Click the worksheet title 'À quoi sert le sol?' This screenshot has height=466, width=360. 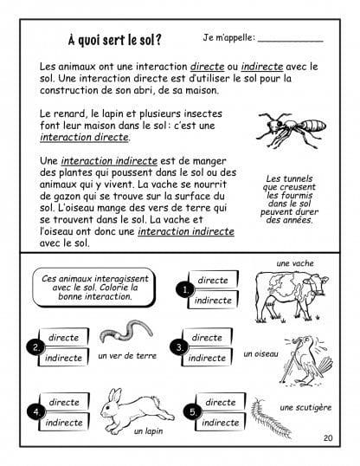point(114,40)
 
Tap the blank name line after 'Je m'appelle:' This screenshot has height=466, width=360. point(290,42)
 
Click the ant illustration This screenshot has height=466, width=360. point(291,129)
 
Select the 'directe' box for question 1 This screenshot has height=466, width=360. point(213,280)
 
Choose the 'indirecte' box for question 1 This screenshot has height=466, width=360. point(213,300)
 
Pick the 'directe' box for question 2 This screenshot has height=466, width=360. point(63,337)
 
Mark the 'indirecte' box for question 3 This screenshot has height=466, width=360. point(207,357)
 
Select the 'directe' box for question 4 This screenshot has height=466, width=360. point(64,402)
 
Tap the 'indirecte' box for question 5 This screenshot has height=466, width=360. point(221,422)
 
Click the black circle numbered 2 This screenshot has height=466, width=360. point(35,347)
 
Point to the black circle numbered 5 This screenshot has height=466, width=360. point(192,412)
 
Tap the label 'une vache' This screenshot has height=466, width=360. point(295,263)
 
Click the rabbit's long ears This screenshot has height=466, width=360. point(114,396)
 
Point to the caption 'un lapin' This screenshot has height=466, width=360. point(148,431)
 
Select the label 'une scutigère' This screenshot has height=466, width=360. point(305,407)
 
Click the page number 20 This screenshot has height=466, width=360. point(328,437)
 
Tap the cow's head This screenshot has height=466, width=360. point(319,283)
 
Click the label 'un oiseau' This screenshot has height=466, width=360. point(260,353)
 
